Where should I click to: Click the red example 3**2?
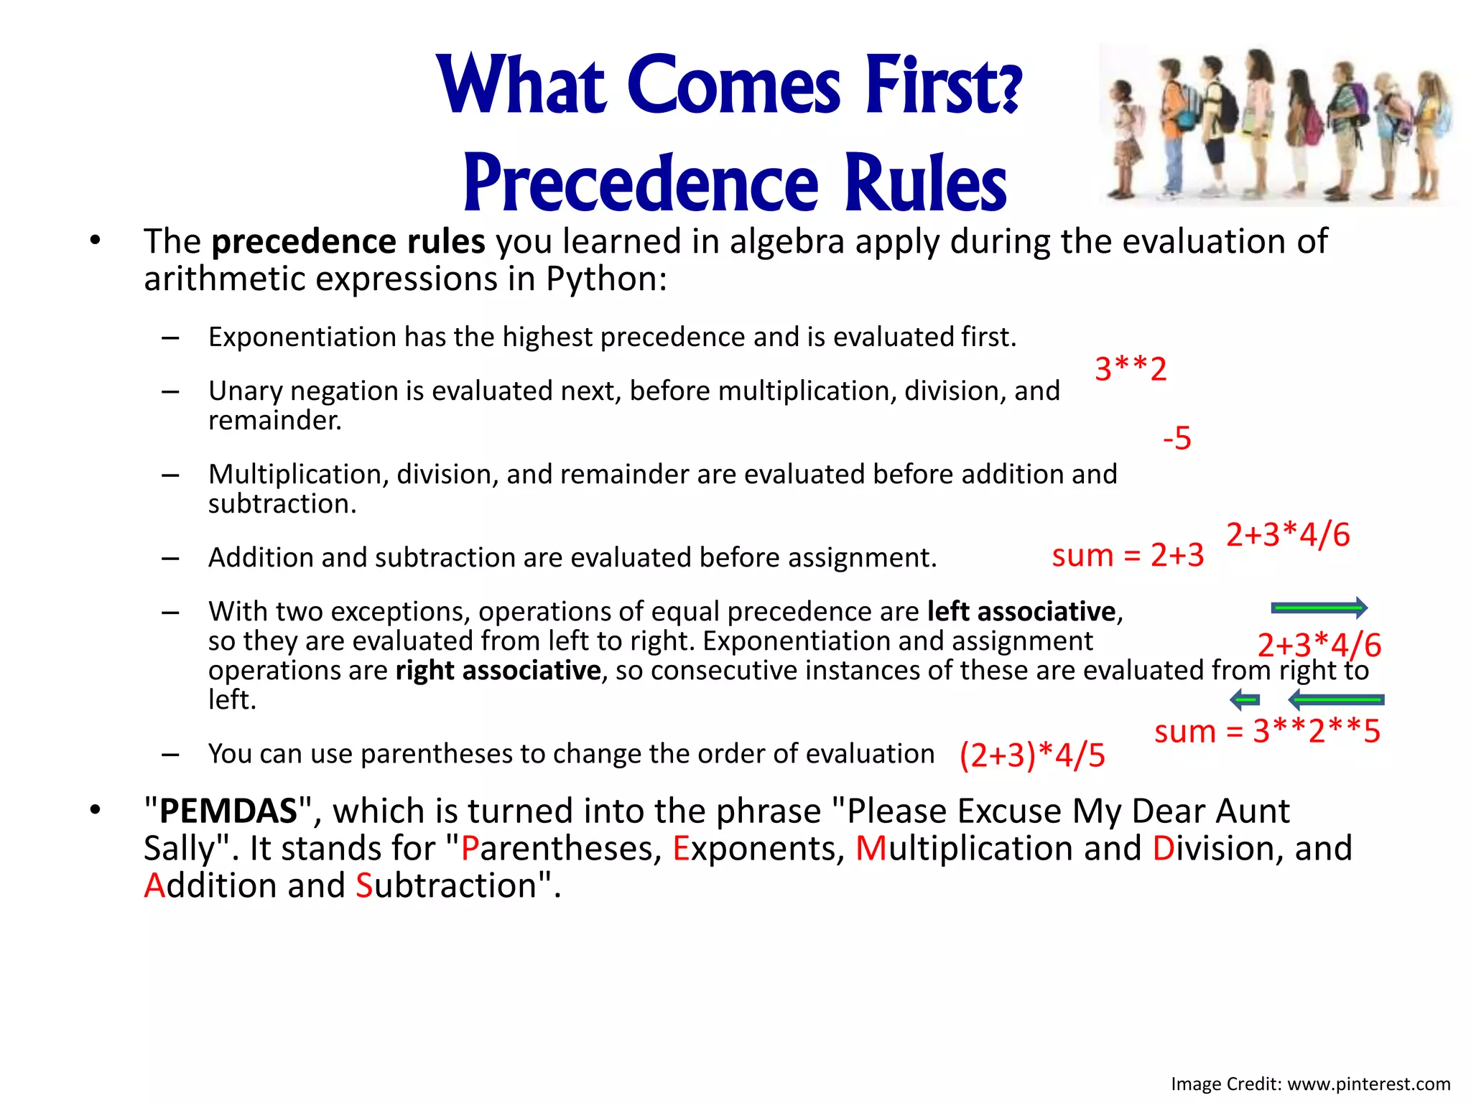pyautogui.click(x=1131, y=369)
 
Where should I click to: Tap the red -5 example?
pyautogui.click(x=1177, y=438)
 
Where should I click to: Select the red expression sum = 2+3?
pyautogui.click(x=1128, y=555)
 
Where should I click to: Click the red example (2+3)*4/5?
pyautogui.click(x=1032, y=755)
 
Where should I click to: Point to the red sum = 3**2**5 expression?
pyautogui.click(x=1267, y=732)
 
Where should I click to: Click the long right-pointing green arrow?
pyautogui.click(x=1319, y=608)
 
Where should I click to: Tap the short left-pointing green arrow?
pyautogui.click(x=1245, y=699)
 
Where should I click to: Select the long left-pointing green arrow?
pyautogui.click(x=1336, y=699)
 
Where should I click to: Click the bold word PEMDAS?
pyautogui.click(x=228, y=811)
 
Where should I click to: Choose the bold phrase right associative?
pyautogui.click(x=498, y=671)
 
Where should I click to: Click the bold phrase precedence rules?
pyautogui.click(x=348, y=241)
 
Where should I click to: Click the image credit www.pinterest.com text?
pyautogui.click(x=1368, y=1084)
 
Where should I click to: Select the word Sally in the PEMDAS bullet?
pyautogui.click(x=179, y=849)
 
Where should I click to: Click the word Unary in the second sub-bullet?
pyautogui.click(x=244, y=391)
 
